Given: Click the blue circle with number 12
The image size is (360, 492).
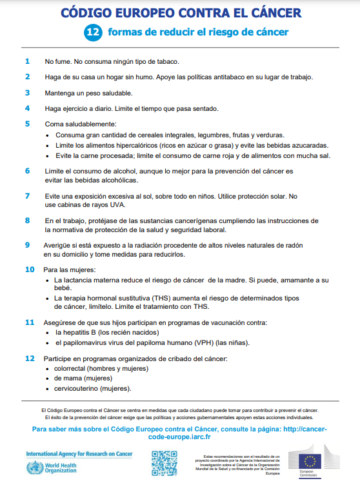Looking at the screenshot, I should tap(94, 32).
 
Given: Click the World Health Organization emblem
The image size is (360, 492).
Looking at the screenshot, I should tap(32, 467).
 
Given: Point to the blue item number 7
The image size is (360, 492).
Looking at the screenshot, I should tap(27, 195).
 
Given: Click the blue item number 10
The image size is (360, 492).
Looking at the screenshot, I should tap(30, 269).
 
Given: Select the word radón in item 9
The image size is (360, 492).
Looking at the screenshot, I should tap(294, 245).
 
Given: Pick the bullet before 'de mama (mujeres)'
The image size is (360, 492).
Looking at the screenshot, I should tap(48, 379).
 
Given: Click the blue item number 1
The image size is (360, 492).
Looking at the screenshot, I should tap(27, 62).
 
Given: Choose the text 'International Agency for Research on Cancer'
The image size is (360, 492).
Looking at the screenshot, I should tap(79, 454).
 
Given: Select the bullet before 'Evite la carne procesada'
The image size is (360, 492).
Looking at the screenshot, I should tap(48, 155).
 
